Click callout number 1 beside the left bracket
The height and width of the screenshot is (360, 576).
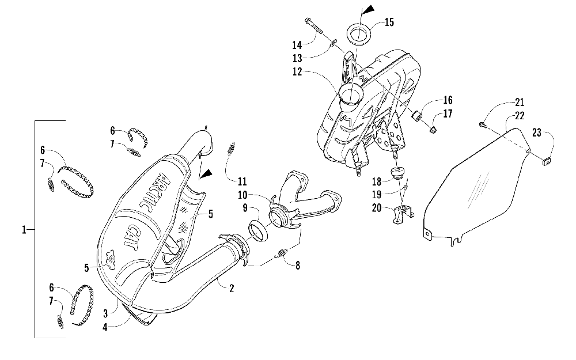click(24, 230)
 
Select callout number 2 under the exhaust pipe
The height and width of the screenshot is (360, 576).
click(231, 288)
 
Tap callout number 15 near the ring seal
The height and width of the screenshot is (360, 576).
click(389, 23)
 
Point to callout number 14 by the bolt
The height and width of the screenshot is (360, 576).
click(297, 44)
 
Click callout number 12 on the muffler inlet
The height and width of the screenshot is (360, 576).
click(297, 73)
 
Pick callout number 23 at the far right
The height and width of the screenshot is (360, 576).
click(537, 132)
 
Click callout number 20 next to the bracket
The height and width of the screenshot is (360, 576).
click(377, 208)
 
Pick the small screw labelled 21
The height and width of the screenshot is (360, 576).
click(482, 123)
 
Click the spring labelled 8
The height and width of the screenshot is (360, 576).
click(283, 251)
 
